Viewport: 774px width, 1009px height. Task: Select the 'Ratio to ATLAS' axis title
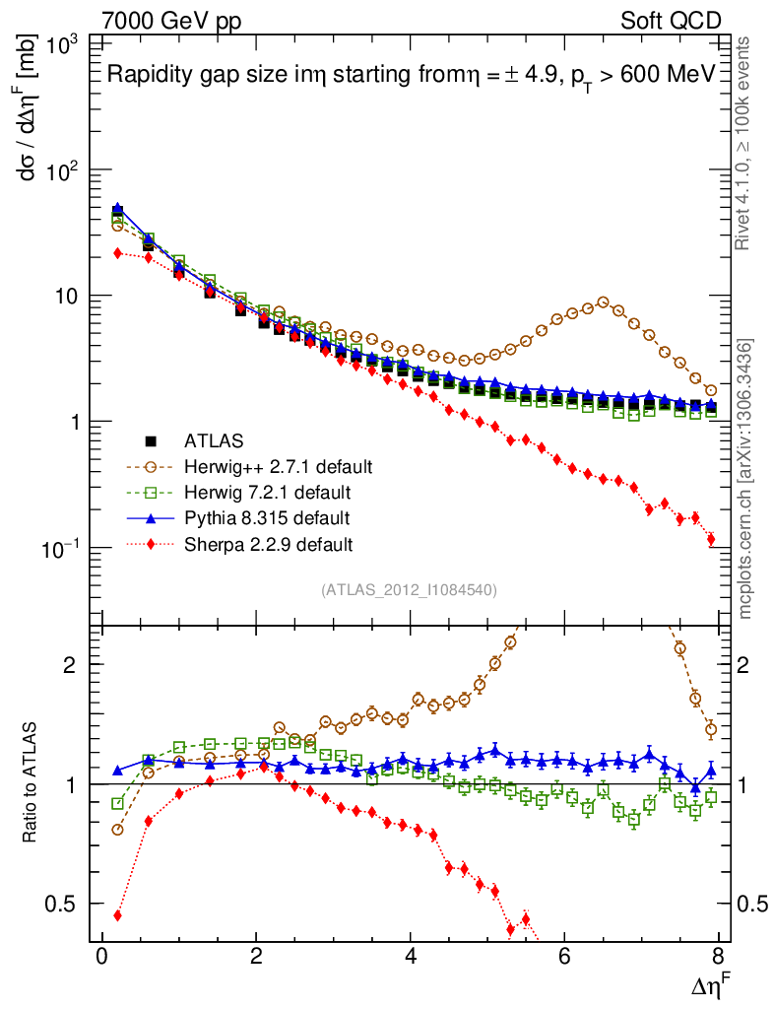(31, 783)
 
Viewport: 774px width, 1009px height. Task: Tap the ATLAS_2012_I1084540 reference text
(409, 590)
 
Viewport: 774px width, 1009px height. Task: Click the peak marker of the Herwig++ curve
(604, 303)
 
